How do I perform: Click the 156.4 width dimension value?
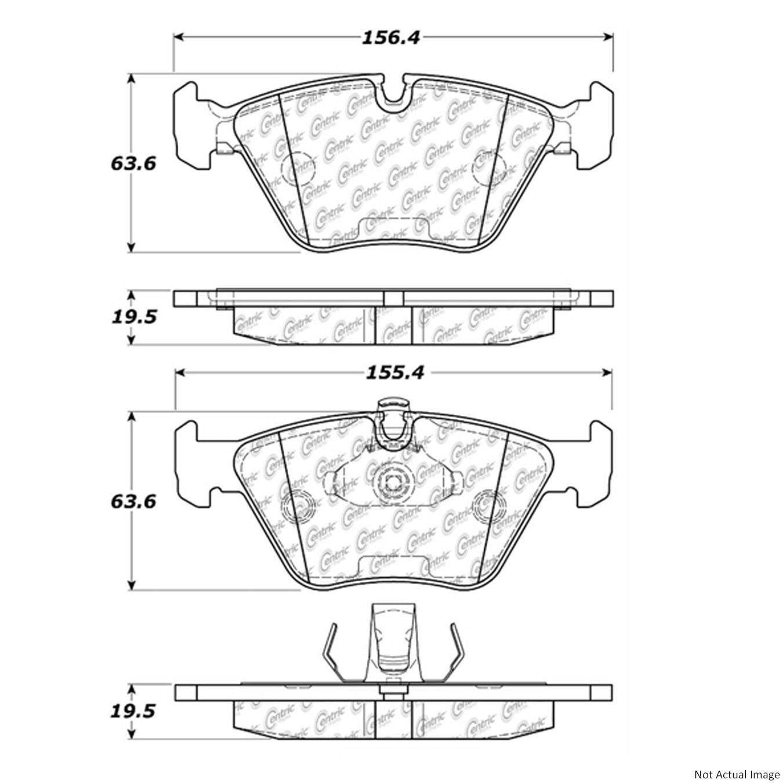(390, 38)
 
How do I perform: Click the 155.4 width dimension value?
(395, 372)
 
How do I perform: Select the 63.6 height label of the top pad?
(133, 164)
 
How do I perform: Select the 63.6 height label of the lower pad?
(133, 502)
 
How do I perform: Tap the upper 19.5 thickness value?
(133, 317)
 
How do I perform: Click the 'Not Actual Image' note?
(736, 773)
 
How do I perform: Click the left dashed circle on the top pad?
(299, 169)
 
